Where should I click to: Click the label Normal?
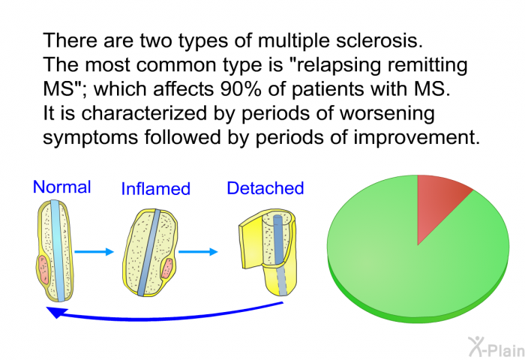[62, 187]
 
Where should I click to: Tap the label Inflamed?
[156, 188]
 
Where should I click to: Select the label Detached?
[265, 188]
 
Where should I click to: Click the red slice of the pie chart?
[439, 204]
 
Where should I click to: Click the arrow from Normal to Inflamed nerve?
[94, 251]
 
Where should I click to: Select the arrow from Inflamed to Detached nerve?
[198, 251]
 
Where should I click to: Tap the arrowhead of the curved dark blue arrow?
[56, 312]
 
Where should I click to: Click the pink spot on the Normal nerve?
[43, 269]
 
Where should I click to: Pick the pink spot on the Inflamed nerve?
[166, 268]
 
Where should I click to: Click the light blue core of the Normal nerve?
[58, 250]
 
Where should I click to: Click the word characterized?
[144, 113]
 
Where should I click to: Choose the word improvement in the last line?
[417, 138]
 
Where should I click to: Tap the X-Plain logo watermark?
[496, 347]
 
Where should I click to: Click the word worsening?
[388, 113]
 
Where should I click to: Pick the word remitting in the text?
[427, 65]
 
